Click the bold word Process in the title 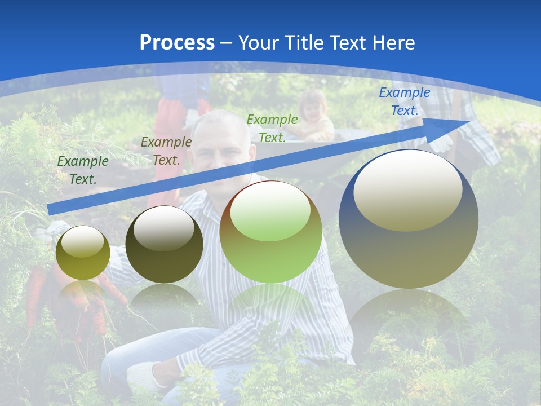177,43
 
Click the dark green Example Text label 83,170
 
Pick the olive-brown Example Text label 166,151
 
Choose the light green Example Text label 272,129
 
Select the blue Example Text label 405,101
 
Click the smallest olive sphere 83,253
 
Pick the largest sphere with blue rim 409,237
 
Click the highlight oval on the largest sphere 407,190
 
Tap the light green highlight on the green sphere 270,211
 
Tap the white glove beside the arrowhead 442,141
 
